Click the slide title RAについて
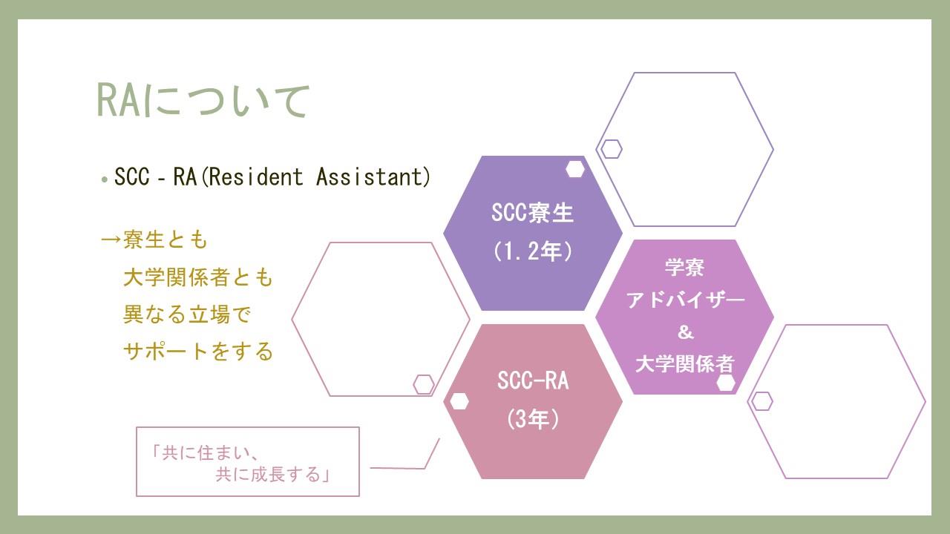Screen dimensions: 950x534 click(203, 100)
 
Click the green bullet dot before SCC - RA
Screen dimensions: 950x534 click(105, 179)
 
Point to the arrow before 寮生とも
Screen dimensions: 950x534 click(111, 240)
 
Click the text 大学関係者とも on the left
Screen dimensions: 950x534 click(197, 277)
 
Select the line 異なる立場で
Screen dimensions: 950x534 click(186, 314)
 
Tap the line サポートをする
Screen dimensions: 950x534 click(197, 352)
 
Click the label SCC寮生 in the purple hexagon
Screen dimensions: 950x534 click(532, 212)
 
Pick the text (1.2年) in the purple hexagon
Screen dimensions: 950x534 click(533, 251)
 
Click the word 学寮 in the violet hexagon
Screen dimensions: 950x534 click(684, 268)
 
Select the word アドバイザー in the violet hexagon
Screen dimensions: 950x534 click(685, 300)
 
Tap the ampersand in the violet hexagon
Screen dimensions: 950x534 click(685, 332)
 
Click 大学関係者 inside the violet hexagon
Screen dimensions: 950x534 click(684, 364)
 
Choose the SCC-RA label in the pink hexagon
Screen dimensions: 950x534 click(533, 380)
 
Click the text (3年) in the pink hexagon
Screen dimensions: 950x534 click(533, 419)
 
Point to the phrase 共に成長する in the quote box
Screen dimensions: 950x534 click(268, 474)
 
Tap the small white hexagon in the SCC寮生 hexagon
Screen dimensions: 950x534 click(575, 169)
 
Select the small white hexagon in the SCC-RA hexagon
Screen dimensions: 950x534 click(459, 401)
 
